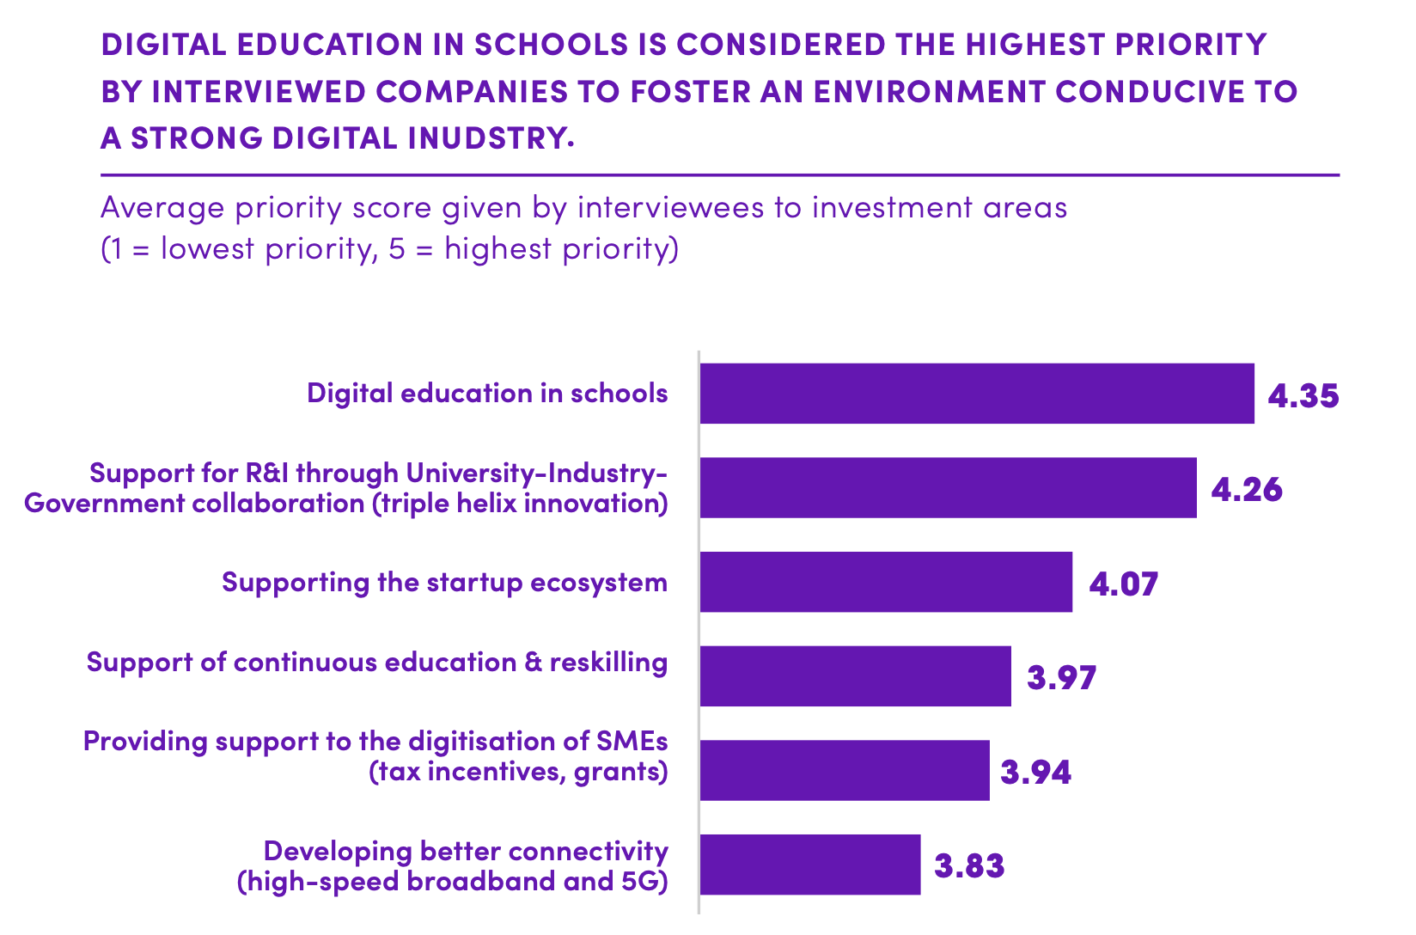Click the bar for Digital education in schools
(976, 394)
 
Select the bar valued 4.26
(948, 488)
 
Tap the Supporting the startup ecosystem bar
(886, 582)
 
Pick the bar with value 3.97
(855, 676)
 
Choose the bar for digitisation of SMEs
(845, 770)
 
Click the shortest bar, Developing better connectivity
(809, 865)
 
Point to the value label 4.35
(1303, 396)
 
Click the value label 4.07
(1123, 584)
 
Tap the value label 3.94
(1035, 773)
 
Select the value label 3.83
(969, 866)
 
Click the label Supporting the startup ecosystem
(444, 583)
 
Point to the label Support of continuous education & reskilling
(376, 663)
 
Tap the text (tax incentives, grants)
(518, 772)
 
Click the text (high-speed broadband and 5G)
(452, 882)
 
